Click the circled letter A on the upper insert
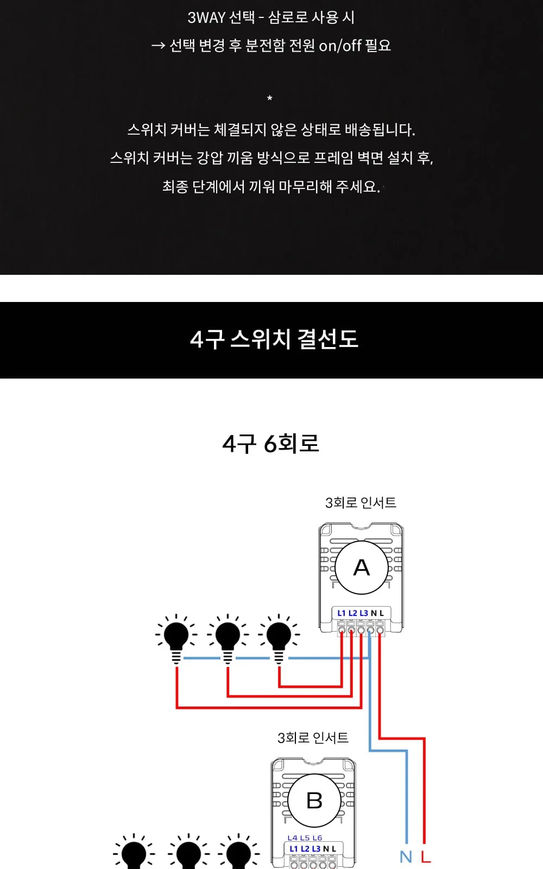362,567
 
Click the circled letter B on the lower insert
314,801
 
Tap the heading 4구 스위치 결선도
274,339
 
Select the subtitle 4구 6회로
271,443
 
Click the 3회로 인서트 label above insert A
361,503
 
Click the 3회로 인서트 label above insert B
313,738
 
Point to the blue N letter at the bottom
406,857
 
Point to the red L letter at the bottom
426,857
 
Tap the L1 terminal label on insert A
342,613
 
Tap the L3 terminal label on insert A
364,613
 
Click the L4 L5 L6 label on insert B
305,838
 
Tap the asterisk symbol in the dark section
269,98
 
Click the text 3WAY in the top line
207,17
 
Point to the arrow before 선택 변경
158,46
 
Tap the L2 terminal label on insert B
305,848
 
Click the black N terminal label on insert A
374,613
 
